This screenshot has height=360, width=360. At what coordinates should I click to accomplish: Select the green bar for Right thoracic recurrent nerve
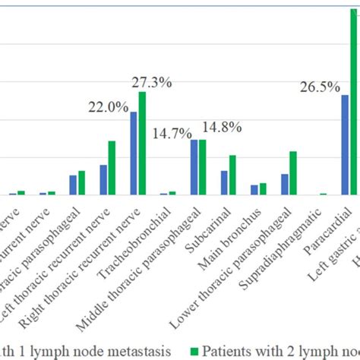click(142, 144)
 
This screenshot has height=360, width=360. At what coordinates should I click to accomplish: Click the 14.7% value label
click(172, 133)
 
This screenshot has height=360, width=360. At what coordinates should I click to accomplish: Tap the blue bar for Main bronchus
click(254, 190)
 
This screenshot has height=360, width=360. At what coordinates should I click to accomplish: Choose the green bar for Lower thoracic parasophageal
click(293, 173)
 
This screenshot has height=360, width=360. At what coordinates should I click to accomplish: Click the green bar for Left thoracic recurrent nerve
click(112, 168)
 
